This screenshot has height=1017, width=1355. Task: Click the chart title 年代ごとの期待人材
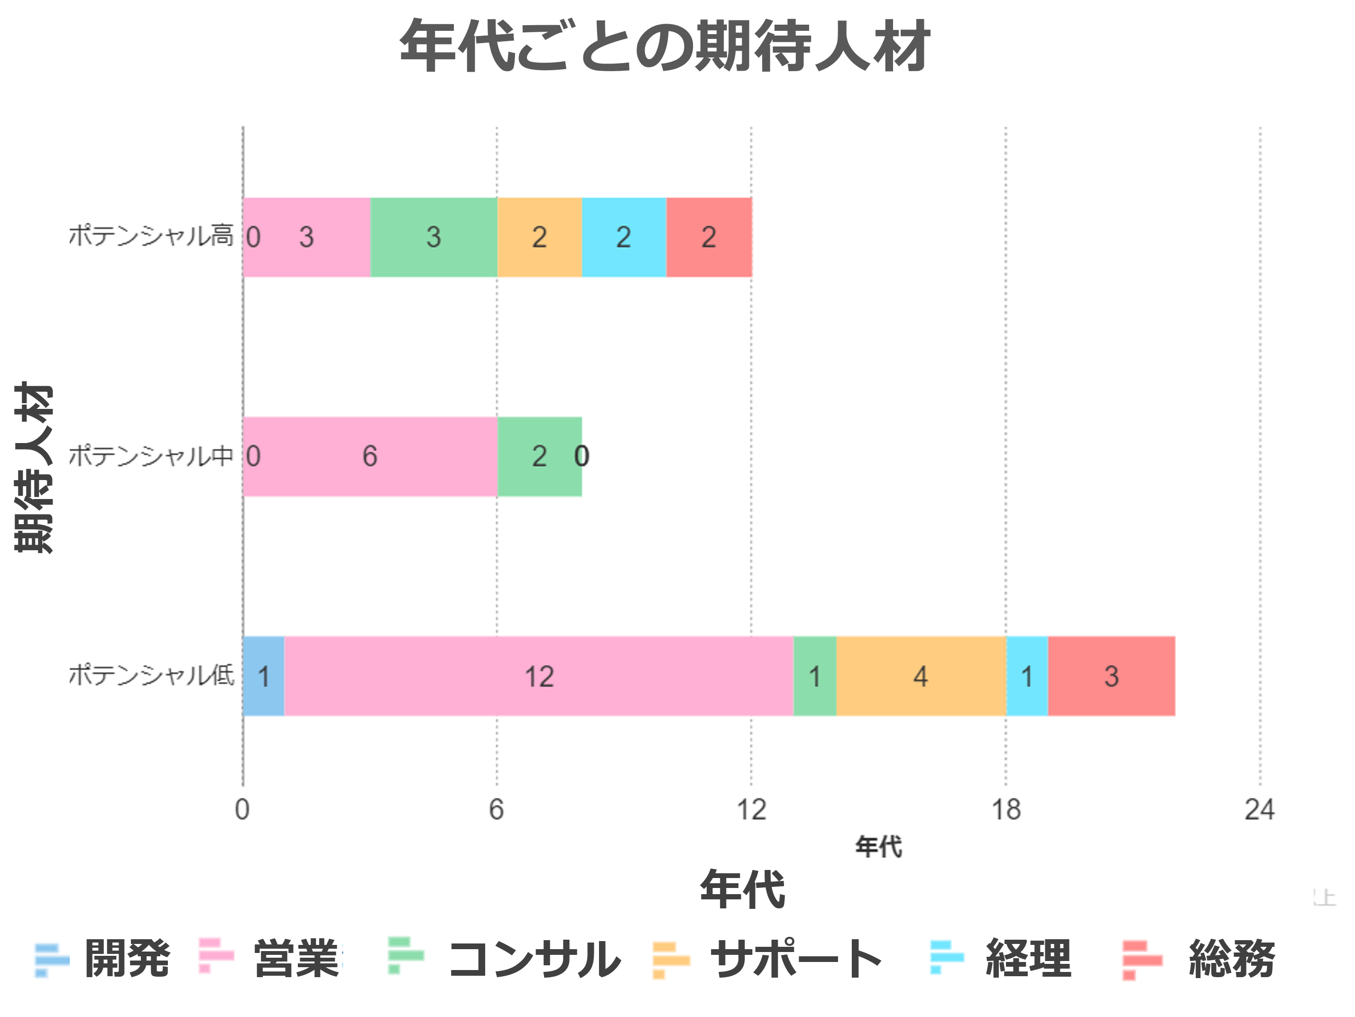(664, 46)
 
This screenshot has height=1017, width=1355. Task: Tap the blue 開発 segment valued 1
(263, 676)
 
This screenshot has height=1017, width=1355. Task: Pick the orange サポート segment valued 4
(921, 676)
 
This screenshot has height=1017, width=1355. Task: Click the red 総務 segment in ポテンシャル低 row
(1111, 676)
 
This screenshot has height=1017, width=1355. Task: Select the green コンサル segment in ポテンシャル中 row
(539, 456)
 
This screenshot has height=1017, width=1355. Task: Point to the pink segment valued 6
(370, 456)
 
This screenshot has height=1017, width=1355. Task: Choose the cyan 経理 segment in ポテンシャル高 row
(624, 237)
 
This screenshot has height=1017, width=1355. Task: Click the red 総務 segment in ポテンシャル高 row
(709, 237)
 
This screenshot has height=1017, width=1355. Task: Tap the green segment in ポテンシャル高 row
(433, 237)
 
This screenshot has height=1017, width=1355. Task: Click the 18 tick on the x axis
(1006, 810)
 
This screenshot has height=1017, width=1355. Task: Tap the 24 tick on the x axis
(1260, 810)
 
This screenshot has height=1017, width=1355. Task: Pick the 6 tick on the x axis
(496, 810)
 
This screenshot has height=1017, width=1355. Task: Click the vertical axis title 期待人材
(34, 468)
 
